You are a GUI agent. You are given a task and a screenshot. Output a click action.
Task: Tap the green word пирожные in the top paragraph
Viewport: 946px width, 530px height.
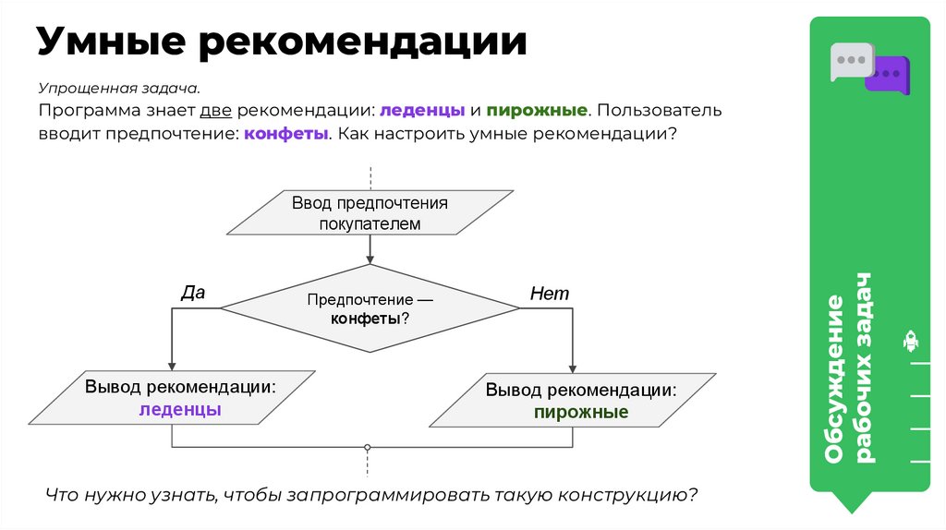(538, 110)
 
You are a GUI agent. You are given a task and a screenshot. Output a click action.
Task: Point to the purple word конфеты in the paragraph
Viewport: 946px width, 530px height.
(286, 134)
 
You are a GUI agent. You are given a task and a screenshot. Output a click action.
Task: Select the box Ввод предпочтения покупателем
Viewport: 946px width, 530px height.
(370, 213)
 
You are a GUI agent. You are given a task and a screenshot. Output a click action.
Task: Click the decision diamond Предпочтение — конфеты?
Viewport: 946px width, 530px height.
(370, 307)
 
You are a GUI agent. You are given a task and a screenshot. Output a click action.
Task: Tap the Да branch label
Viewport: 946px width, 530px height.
(192, 292)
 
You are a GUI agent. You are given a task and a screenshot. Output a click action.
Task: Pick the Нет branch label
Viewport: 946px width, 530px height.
(549, 294)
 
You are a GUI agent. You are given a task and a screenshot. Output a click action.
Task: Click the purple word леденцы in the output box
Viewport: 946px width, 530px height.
(180, 410)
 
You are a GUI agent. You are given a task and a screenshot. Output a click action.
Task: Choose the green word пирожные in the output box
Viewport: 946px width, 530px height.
(581, 412)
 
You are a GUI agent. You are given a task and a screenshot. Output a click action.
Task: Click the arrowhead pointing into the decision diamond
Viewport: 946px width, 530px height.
(370, 259)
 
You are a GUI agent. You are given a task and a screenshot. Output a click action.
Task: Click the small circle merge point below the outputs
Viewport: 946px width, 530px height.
(368, 447)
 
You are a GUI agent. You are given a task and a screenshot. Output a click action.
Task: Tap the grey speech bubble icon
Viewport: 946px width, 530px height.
(848, 60)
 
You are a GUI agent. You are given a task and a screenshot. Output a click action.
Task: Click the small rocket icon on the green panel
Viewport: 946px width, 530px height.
(910, 342)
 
